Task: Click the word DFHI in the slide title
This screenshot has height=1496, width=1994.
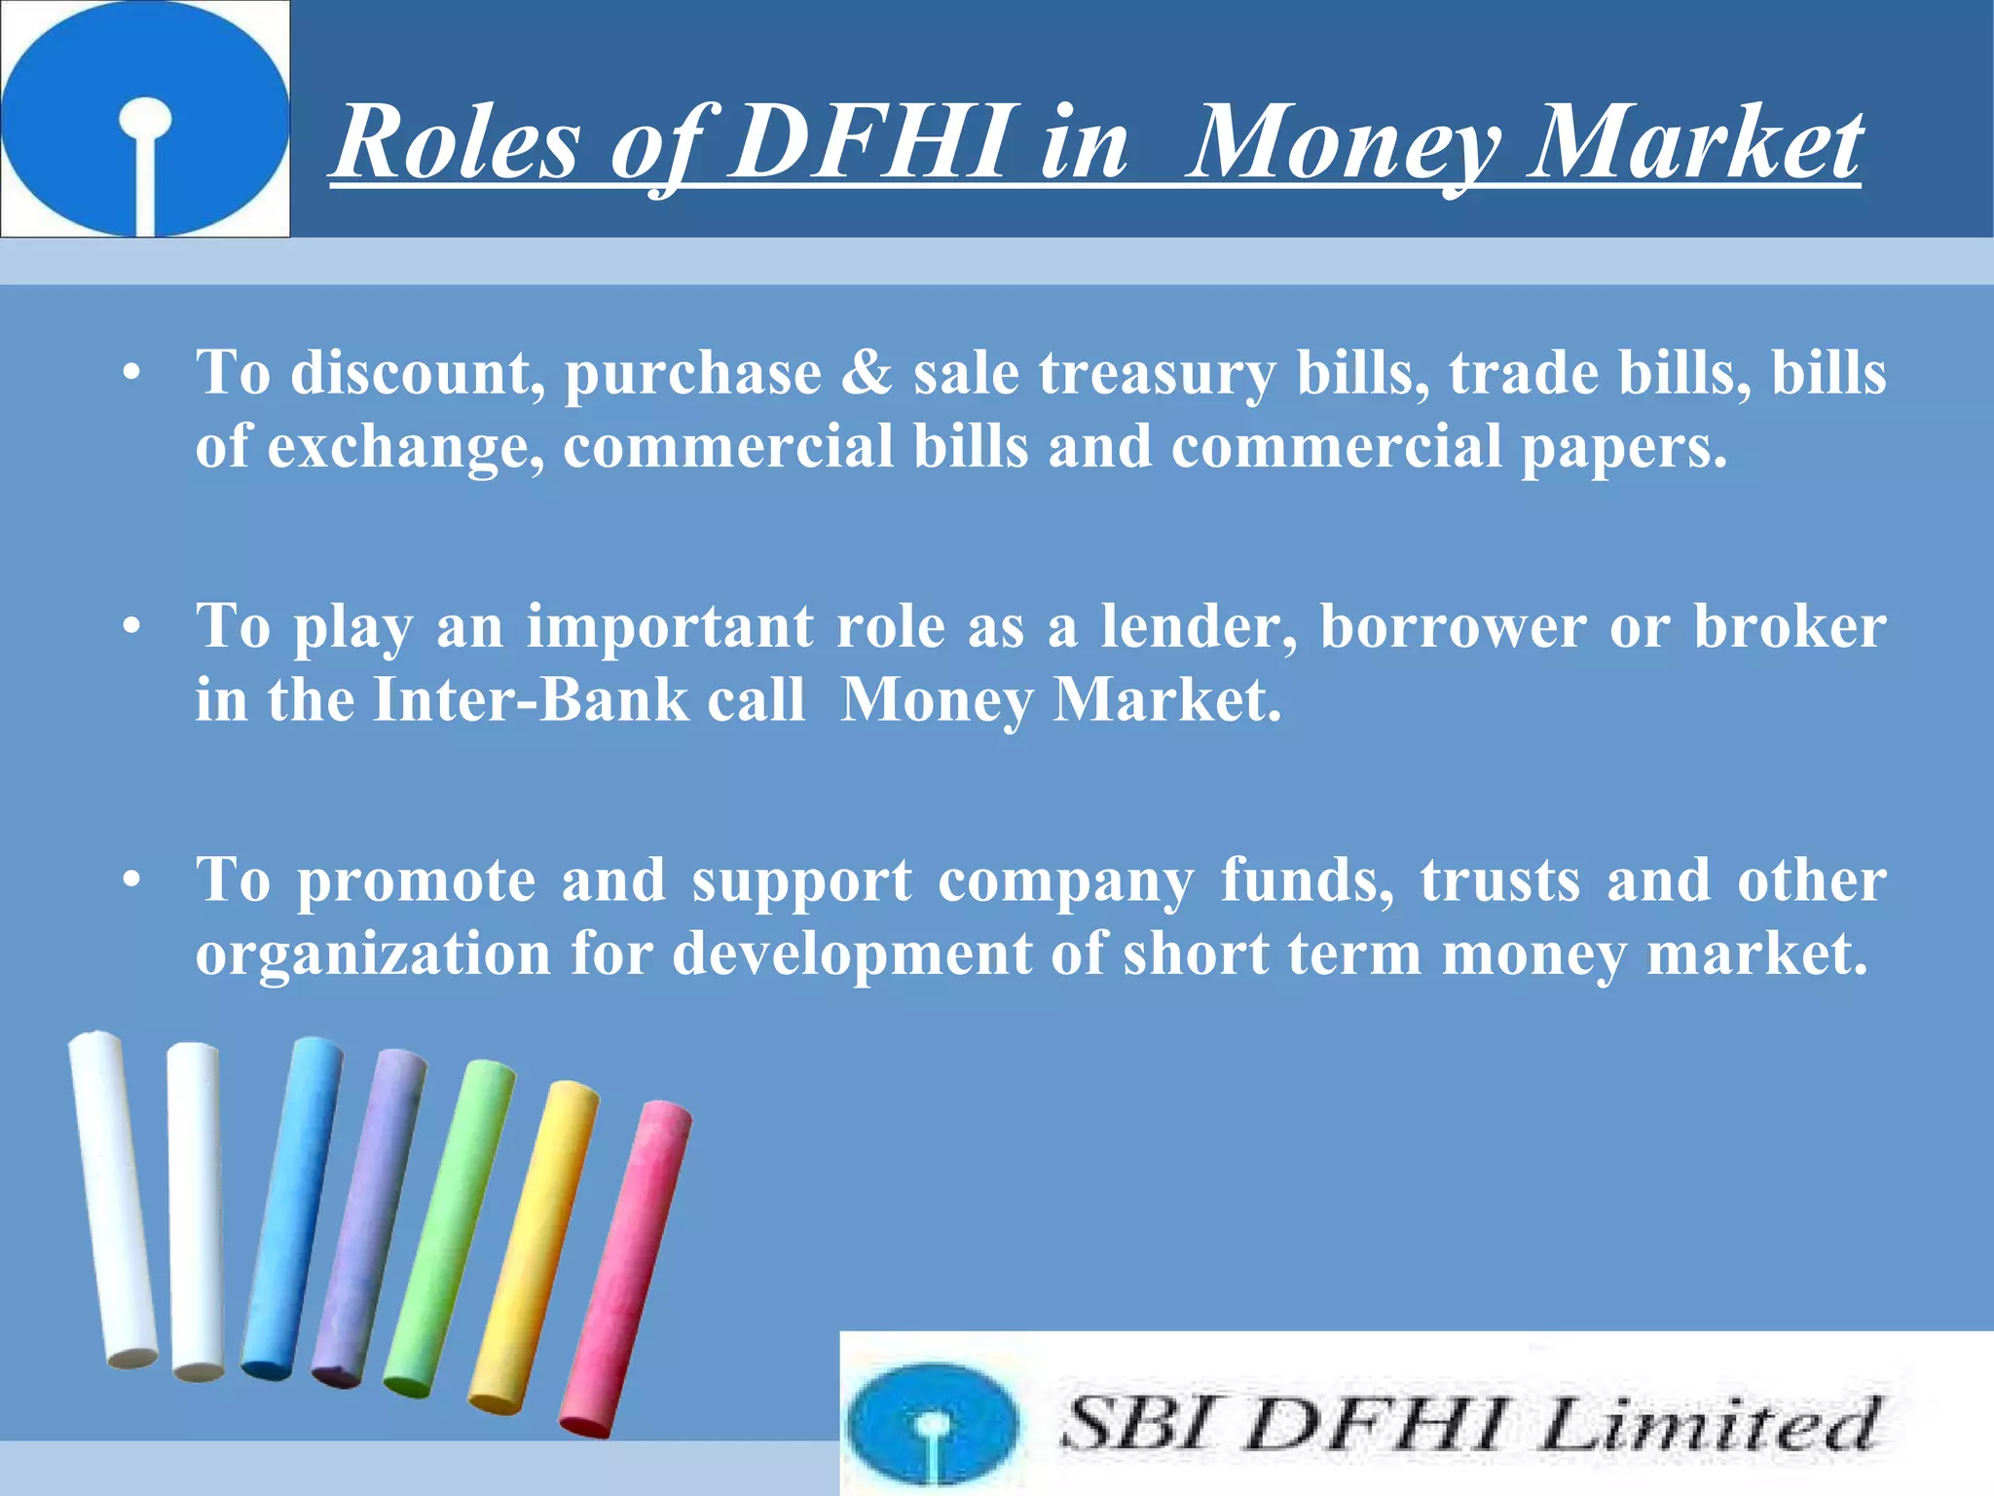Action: tap(868, 144)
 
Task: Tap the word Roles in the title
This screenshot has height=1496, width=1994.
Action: tap(458, 144)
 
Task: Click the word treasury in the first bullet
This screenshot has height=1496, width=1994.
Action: tap(1157, 374)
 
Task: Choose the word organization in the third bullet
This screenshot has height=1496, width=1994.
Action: tap(373, 954)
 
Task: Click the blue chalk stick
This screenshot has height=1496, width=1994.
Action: tap(291, 1208)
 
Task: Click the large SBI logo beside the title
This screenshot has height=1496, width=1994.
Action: tap(145, 118)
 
